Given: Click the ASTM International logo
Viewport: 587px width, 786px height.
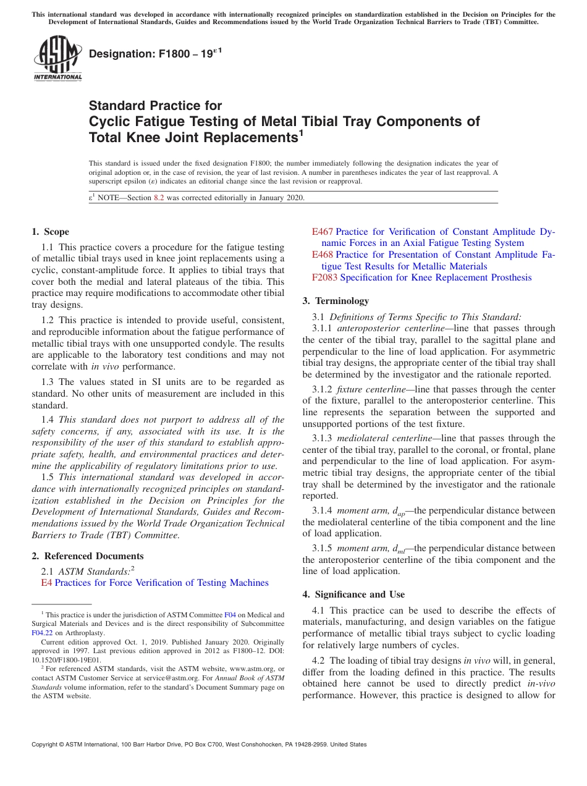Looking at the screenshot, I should click(57, 58).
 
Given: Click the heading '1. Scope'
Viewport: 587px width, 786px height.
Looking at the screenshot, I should click(50, 232).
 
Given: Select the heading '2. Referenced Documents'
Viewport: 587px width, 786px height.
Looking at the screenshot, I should click(87, 556).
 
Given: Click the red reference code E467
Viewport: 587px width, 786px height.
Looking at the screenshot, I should click(323, 232).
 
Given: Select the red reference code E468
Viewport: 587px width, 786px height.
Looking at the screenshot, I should click(323, 255).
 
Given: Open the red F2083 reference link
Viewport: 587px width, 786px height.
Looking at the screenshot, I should click(325, 277).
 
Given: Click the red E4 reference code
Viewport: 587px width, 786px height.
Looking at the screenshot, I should click(46, 583).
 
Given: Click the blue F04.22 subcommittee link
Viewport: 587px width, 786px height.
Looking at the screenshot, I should click(43, 633).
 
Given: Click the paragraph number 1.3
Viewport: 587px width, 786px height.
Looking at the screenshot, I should click(48, 382).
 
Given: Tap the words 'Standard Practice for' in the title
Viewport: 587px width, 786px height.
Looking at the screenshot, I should click(155, 106).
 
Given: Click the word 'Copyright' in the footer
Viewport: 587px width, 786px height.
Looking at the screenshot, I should click(47, 745).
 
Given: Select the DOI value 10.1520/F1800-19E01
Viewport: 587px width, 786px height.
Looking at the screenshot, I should click(66, 659).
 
